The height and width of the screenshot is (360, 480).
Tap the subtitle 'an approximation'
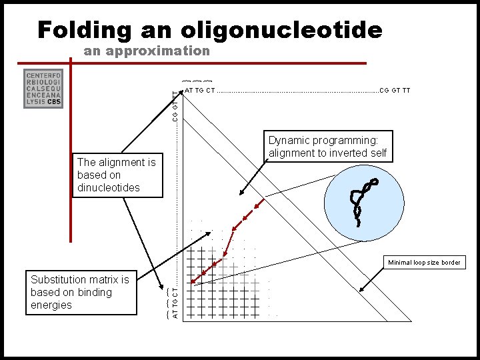click(147, 51)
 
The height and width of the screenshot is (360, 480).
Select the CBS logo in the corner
click(43, 88)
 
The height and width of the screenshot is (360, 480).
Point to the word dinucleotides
click(109, 187)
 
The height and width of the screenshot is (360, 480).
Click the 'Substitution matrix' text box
click(80, 292)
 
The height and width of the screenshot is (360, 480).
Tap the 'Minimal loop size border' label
click(424, 262)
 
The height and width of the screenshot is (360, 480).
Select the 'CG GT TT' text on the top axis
click(395, 90)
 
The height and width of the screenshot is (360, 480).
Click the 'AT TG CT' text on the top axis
click(200, 90)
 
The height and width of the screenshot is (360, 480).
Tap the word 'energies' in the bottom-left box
click(51, 305)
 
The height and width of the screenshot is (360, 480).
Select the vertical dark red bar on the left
click(71, 153)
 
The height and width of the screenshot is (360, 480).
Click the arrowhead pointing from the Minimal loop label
click(361, 291)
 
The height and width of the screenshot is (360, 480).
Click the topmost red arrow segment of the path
click(249, 214)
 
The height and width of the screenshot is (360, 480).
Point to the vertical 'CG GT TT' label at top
click(175, 107)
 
